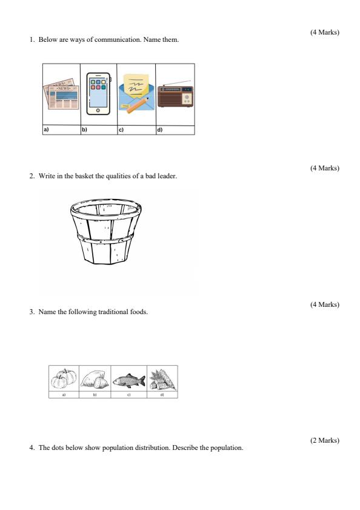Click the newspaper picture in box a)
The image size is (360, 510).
pos(61,94)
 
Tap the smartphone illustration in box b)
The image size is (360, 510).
pos(98,94)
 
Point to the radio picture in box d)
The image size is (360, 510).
pos(175,96)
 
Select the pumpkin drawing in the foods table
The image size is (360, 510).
pos(64,379)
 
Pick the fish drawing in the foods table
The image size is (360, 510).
pos(128,380)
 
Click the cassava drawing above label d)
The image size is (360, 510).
pos(162,379)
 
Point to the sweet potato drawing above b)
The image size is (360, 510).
pos(95,380)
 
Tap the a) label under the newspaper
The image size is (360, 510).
pos(45,130)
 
